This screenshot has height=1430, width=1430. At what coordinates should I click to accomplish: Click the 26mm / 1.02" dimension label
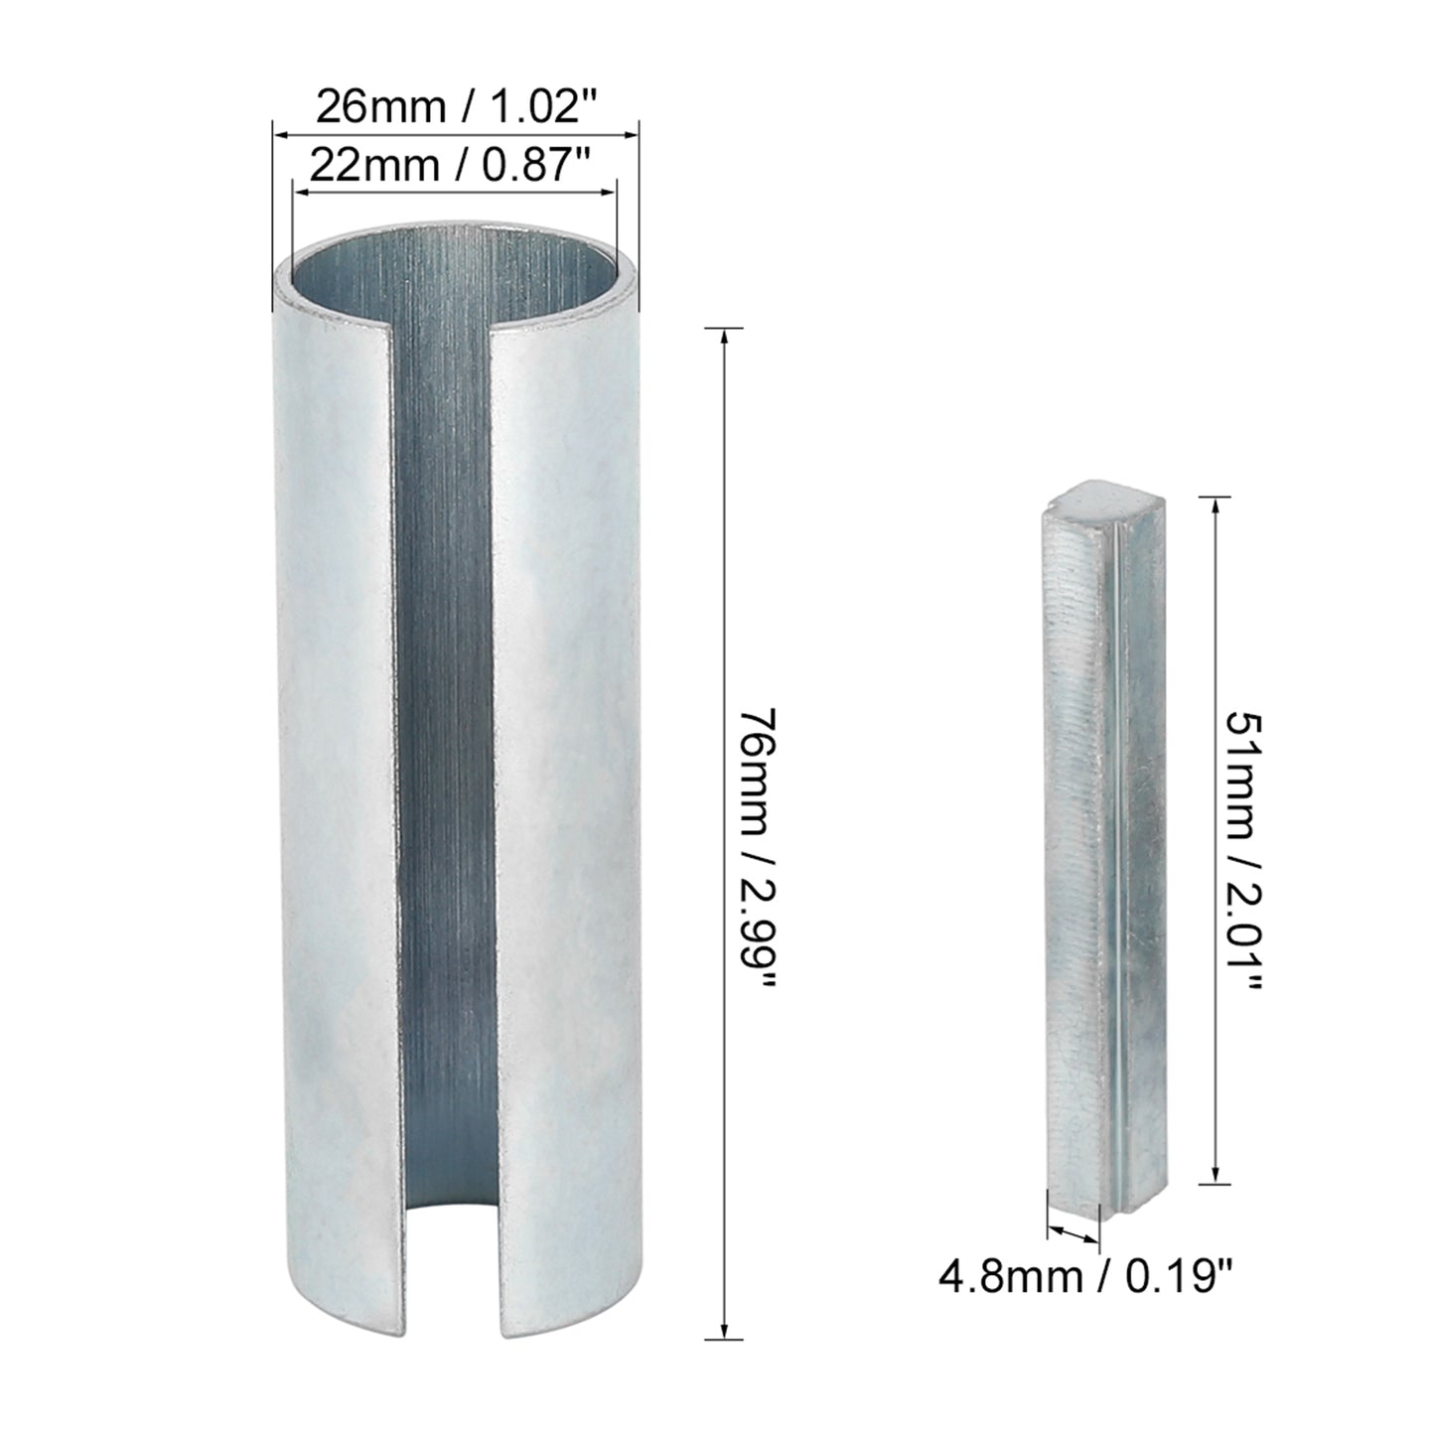pos(457,107)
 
